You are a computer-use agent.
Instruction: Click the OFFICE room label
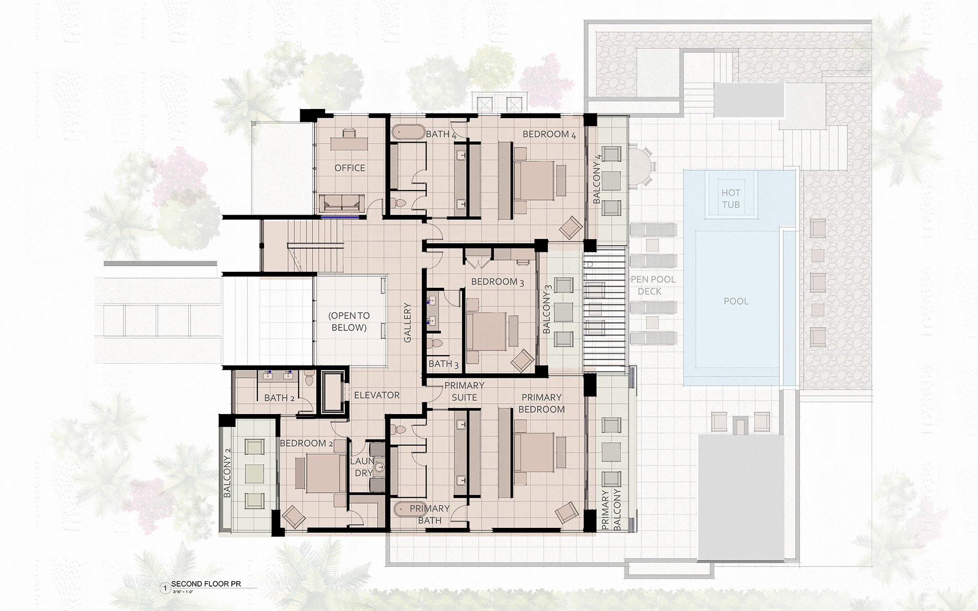(350, 168)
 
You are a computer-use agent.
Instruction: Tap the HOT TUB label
(731, 199)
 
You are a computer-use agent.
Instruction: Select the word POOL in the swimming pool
(736, 301)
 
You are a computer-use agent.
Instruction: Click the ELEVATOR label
(377, 395)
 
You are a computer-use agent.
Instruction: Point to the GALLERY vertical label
(407, 323)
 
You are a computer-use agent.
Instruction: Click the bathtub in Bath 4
(408, 132)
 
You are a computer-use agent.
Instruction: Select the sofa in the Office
(342, 203)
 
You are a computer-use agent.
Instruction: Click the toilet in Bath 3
(435, 343)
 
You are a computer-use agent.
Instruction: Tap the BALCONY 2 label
(227, 473)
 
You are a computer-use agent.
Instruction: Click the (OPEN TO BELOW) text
(349, 322)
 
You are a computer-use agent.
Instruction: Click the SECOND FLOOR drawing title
(206, 584)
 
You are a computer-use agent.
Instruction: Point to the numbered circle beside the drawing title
(165, 588)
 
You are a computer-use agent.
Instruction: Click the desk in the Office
(349, 143)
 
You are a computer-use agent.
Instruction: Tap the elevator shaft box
(333, 392)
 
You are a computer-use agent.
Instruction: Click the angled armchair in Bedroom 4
(570, 227)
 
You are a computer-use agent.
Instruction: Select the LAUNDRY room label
(362, 467)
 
